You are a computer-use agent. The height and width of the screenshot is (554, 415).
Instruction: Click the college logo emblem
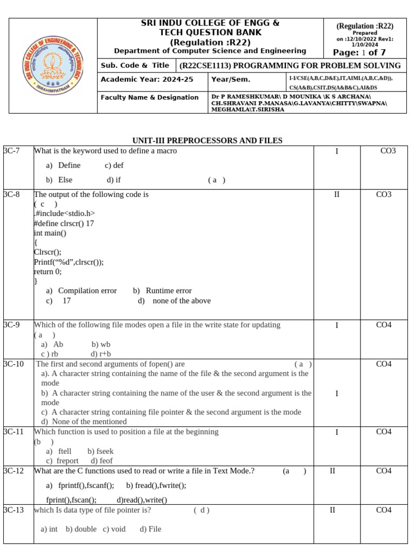pos(53,65)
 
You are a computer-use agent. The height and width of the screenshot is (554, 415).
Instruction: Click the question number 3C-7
pos(11,151)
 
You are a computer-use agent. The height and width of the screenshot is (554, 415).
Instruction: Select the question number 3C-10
pos(13,364)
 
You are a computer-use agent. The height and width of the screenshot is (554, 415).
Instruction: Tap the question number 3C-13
pos(13,510)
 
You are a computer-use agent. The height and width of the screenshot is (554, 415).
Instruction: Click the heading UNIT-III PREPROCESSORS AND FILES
pos(207,141)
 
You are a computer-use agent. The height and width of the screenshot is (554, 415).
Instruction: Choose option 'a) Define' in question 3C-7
pos(63,166)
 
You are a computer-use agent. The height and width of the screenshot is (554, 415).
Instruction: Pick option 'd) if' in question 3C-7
pos(113,180)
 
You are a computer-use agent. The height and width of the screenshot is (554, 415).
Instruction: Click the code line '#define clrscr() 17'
pos(64,223)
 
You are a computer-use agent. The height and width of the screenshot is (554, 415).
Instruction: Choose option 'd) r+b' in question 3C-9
pos(101,354)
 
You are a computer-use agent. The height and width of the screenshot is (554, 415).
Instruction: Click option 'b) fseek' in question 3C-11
pos(101,451)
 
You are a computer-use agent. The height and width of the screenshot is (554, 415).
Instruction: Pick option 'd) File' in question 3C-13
pos(150,529)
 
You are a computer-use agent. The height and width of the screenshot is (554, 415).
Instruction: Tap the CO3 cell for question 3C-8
pos(384,194)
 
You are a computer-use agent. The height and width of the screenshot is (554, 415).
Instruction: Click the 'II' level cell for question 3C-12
pos(333,471)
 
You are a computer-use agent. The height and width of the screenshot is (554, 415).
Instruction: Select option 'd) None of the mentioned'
pos(84,421)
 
